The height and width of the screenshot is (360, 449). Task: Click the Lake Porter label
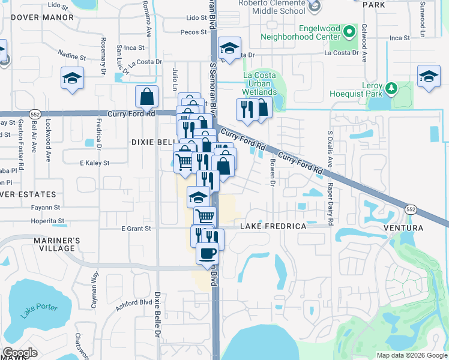click(39, 311)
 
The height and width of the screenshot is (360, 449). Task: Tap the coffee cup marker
click(208, 253)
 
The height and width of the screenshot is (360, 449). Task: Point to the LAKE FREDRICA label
click(273, 226)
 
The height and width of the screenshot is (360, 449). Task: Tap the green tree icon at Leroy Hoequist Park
click(391, 88)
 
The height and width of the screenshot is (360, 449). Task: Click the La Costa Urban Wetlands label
click(260, 83)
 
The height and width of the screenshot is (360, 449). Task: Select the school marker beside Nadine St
click(72, 79)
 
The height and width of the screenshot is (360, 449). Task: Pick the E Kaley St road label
click(94, 163)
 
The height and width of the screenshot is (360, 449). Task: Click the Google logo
click(20, 353)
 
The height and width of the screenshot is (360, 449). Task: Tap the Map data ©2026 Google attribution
click(411, 355)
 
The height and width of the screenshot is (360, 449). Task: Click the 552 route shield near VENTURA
click(411, 210)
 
